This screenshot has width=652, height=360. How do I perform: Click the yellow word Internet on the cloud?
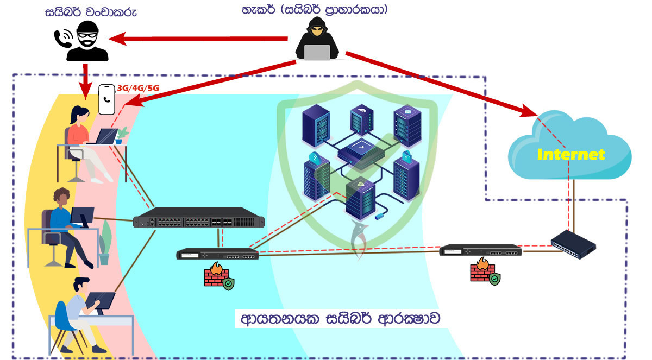pyautogui.click(x=571, y=154)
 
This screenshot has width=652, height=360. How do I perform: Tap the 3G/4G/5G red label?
pyautogui.click(x=138, y=88)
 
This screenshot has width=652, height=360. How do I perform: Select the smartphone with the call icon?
pyautogui.click(x=106, y=100)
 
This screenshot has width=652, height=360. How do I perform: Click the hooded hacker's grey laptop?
pyautogui.click(x=317, y=52)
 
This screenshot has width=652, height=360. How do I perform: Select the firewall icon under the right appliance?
pyautogui.click(x=485, y=271)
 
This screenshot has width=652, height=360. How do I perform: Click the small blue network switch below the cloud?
pyautogui.click(x=573, y=244)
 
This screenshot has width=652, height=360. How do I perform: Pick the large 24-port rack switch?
pyautogui.click(x=198, y=218)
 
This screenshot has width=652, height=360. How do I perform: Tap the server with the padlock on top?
pyautogui.click(x=406, y=175)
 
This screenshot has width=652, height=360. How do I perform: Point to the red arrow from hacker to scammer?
pyautogui.click(x=198, y=39)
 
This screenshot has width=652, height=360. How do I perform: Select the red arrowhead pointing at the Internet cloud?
pyautogui.click(x=528, y=111)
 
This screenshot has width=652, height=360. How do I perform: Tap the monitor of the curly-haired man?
pyautogui.click(x=83, y=217)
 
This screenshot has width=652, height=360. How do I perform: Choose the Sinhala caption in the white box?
pyautogui.click(x=340, y=319)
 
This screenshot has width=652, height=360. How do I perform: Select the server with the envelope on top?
pyautogui.click(x=407, y=125)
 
